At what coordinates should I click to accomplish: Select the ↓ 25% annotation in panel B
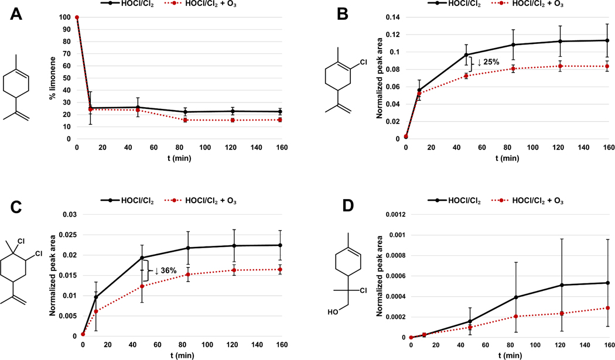[489, 63]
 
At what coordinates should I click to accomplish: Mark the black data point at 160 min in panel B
[609, 40]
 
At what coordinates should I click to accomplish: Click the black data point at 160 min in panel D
[609, 283]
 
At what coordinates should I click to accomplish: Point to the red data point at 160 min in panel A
[280, 119]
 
